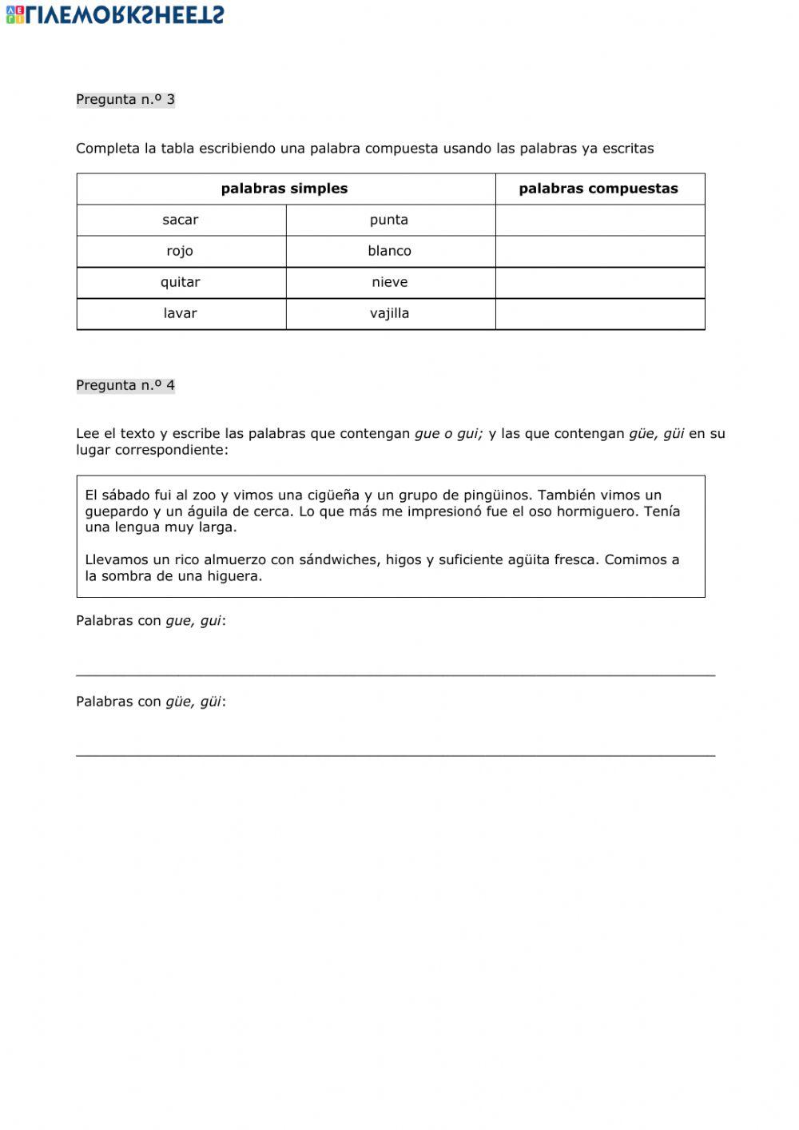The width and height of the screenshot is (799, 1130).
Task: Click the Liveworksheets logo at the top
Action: pos(116,14)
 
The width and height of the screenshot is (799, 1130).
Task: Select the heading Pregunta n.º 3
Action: pos(125,100)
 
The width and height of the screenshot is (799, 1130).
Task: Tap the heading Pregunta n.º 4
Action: pos(125,385)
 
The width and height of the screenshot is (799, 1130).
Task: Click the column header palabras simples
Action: pos(284,189)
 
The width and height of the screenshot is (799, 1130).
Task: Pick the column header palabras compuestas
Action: pos(598,189)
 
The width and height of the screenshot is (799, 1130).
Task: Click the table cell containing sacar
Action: pos(181,220)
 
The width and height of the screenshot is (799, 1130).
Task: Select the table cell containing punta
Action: pos(389,220)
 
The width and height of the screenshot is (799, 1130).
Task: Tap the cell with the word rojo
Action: pos(181,251)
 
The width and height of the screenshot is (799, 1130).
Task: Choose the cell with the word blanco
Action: pos(389,251)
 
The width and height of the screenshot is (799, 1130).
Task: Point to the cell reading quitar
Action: pos(181,282)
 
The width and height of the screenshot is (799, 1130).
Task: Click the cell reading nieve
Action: pos(389,282)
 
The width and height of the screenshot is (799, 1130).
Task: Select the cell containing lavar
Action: pos(181,313)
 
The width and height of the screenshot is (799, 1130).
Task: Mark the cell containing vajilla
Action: pos(389,313)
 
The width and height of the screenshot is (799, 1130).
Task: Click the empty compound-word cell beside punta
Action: pos(599,220)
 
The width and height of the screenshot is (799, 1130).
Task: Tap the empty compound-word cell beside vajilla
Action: pos(599,313)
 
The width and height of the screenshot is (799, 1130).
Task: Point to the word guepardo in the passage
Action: pos(117,512)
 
